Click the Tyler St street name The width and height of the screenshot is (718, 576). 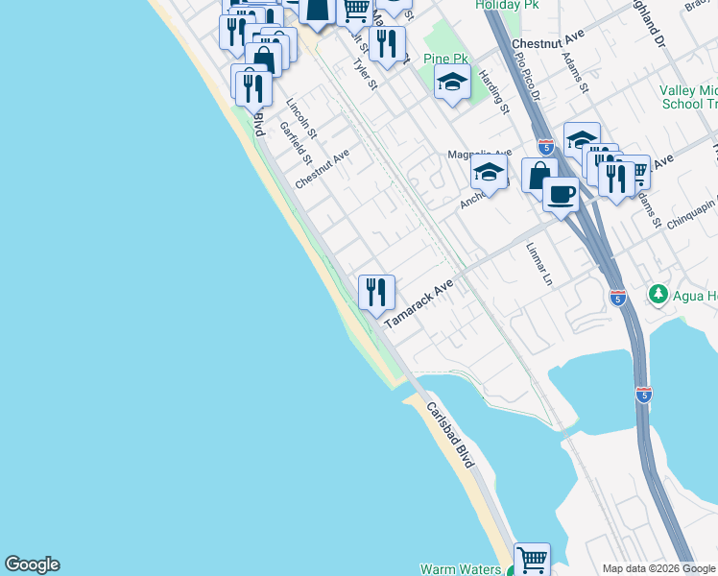click(x=365, y=74)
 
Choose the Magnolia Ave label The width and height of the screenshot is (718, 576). click(x=480, y=154)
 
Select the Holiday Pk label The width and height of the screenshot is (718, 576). click(x=508, y=6)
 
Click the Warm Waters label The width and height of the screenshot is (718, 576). click(x=461, y=569)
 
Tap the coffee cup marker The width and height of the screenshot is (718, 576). click(x=561, y=194)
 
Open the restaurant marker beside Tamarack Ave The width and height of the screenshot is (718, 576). click(x=376, y=292)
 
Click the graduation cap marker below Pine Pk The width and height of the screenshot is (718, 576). click(x=452, y=83)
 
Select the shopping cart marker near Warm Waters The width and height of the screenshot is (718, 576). click(x=532, y=558)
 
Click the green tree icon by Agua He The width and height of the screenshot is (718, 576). click(x=658, y=294)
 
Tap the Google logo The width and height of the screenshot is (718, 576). click(x=32, y=565)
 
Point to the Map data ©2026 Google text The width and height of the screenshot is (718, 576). click(x=658, y=568)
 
